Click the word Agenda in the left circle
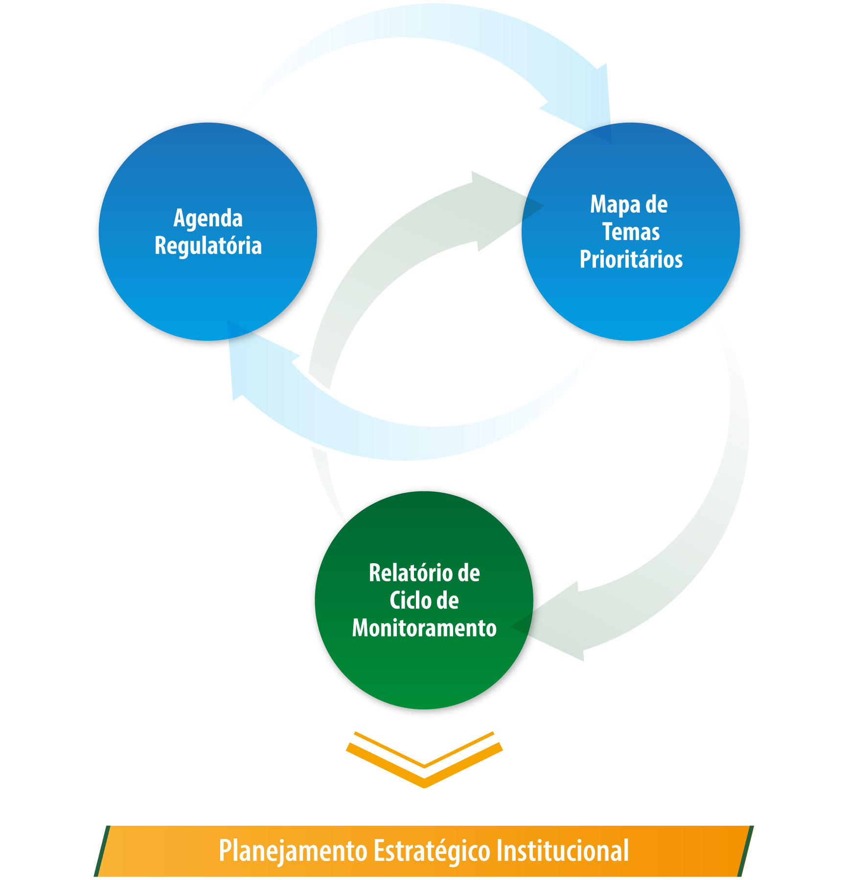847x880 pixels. click(208, 219)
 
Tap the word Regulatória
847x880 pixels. click(208, 245)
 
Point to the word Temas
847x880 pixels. click(631, 232)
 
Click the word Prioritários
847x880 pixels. click(631, 259)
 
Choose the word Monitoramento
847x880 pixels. click(424, 628)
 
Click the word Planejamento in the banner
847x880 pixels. click(293, 851)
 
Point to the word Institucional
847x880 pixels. click(562, 851)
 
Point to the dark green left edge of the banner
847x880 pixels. click(102, 851)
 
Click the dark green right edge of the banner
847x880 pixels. click(746, 851)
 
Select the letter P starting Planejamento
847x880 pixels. click(225, 851)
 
